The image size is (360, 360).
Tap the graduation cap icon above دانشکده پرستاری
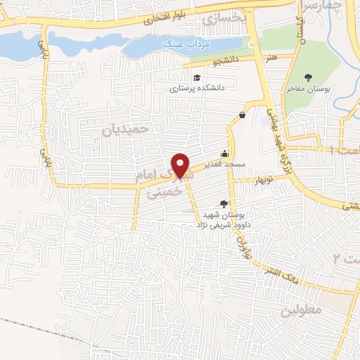[198, 77]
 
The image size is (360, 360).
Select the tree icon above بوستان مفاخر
[307, 77]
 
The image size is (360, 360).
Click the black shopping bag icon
[242, 115]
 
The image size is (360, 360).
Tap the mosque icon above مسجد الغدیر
[224, 153]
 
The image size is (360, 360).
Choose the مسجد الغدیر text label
[224, 164]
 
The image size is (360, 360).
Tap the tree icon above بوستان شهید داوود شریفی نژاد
[224, 204]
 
